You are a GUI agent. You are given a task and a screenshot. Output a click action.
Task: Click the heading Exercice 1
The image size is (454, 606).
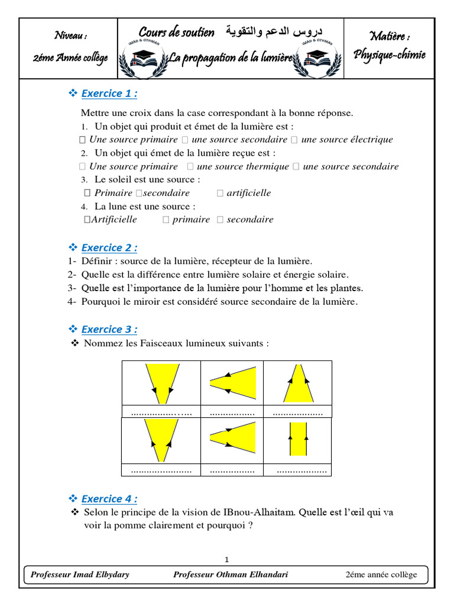[109, 94]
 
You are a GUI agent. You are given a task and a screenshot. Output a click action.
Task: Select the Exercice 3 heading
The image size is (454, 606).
[109, 329]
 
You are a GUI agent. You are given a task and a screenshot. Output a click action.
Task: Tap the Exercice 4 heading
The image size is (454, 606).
[109, 498]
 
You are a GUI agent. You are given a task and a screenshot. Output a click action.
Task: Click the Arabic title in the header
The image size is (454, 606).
[274, 31]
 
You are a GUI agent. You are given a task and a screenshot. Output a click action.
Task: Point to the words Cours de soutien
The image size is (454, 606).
[176, 32]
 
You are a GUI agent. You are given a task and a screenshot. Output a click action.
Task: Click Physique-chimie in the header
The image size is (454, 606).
[389, 55]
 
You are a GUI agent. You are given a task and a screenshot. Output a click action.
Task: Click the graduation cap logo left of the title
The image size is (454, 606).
[142, 59]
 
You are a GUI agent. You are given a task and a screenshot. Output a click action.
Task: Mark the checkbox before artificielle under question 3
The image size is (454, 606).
[220, 193]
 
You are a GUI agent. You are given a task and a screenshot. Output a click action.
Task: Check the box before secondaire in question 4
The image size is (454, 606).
[220, 220]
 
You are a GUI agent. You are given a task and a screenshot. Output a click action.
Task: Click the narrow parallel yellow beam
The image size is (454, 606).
[298, 439]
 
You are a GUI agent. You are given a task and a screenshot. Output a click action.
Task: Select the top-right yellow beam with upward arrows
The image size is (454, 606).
[298, 383]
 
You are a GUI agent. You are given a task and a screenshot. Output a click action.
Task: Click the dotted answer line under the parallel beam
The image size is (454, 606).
[301, 471]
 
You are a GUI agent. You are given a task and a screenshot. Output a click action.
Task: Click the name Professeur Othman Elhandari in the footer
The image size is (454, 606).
[231, 575]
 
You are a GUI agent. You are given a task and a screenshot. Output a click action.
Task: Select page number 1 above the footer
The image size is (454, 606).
[226, 559]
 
